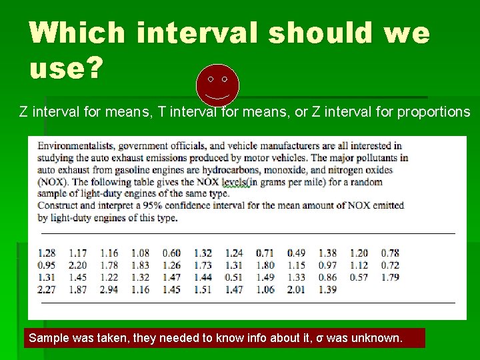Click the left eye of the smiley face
[x=211, y=79]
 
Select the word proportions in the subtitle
[x=433, y=112]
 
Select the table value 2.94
[x=109, y=289]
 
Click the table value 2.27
[x=47, y=289]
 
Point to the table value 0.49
[x=297, y=253]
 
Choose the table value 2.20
[x=78, y=265]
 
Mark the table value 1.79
[x=391, y=277]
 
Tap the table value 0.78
[x=391, y=253]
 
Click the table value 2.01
[x=297, y=289]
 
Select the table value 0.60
[x=172, y=253]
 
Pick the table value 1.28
[x=47, y=253]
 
